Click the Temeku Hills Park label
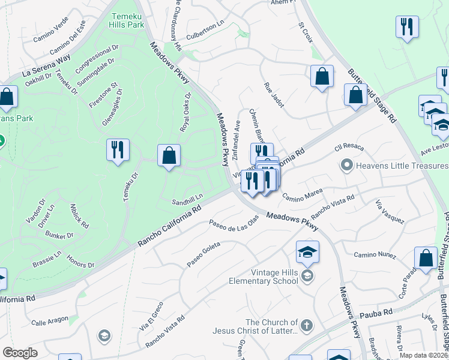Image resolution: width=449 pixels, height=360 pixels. [x=127, y=20]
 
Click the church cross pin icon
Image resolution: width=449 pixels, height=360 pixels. [x=306, y=326]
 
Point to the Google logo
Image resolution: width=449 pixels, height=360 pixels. [x=20, y=353]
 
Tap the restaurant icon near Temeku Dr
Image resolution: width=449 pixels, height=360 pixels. [x=117, y=149]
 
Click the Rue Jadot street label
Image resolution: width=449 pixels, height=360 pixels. [x=273, y=95]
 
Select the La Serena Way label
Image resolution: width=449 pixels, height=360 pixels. [x=46, y=65]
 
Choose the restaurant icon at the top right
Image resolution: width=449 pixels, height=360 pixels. [x=407, y=27]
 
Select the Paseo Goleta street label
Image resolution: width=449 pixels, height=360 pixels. [x=203, y=254]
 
